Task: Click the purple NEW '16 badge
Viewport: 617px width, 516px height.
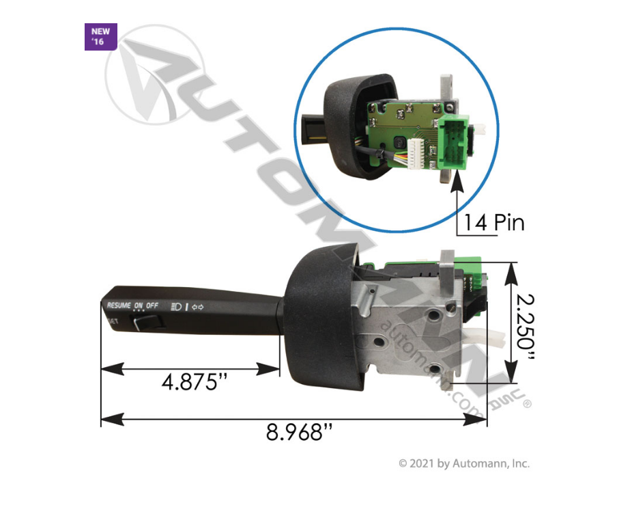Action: click(x=100, y=37)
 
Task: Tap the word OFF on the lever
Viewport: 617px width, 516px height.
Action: click(x=152, y=305)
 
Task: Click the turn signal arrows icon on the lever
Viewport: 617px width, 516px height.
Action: click(x=199, y=306)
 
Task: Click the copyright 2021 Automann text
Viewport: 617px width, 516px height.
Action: click(x=464, y=463)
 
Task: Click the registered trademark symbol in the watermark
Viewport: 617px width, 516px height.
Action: click(x=526, y=405)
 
